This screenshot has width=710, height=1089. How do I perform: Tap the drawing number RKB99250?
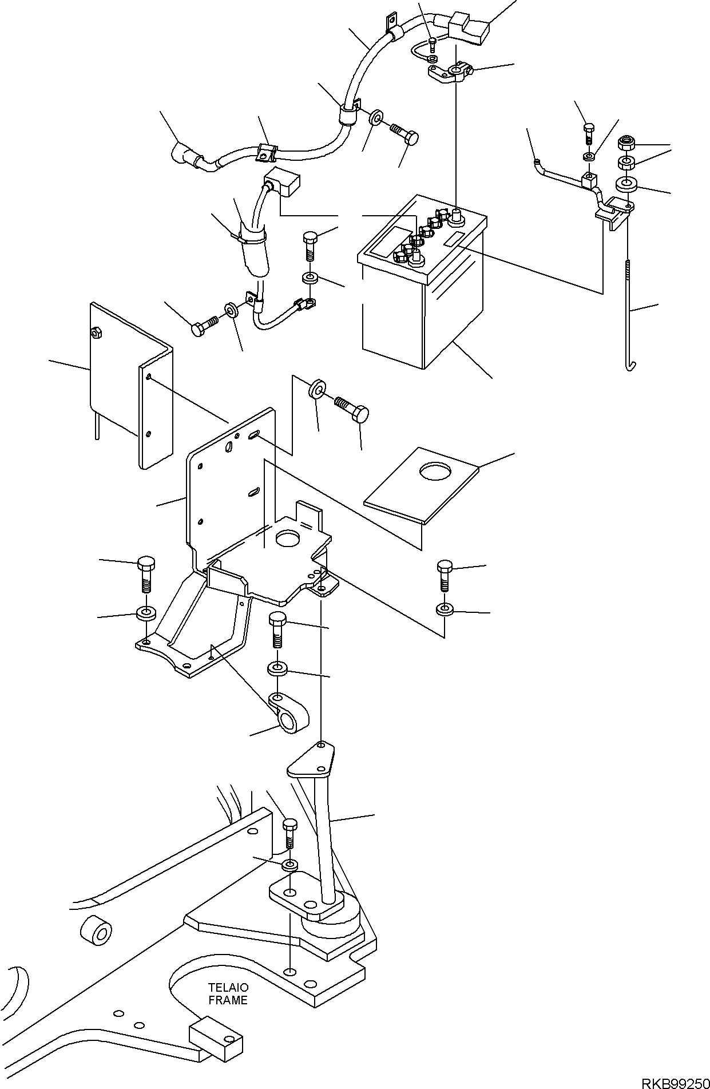tap(675, 1082)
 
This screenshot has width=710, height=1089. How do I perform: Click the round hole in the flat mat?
tap(435, 471)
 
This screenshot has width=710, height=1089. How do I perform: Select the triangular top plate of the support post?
tap(311, 759)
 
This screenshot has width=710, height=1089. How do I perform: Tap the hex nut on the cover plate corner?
tap(96, 331)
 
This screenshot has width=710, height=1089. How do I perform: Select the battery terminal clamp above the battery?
tap(450, 73)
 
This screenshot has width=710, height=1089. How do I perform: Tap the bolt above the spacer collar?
tap(277, 629)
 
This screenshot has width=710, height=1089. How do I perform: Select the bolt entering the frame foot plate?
tap(290, 834)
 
